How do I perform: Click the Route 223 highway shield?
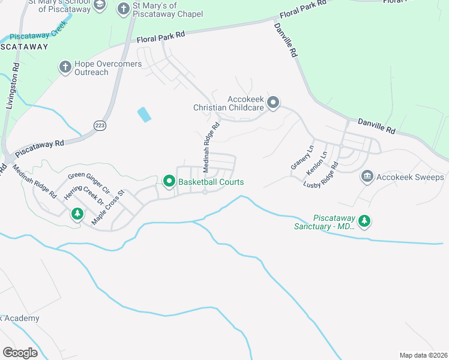click(100, 124)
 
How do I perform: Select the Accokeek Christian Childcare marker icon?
click(273, 103)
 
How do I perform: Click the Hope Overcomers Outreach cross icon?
click(65, 67)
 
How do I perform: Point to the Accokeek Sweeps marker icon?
click(367, 176)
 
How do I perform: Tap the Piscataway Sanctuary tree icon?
click(364, 222)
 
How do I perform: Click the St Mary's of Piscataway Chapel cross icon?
click(123, 9)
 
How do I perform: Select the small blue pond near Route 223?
click(144, 114)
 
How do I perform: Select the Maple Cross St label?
click(107, 208)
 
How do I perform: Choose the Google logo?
click(20, 352)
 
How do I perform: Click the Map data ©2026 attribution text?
click(423, 355)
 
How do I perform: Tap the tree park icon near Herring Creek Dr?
click(77, 214)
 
